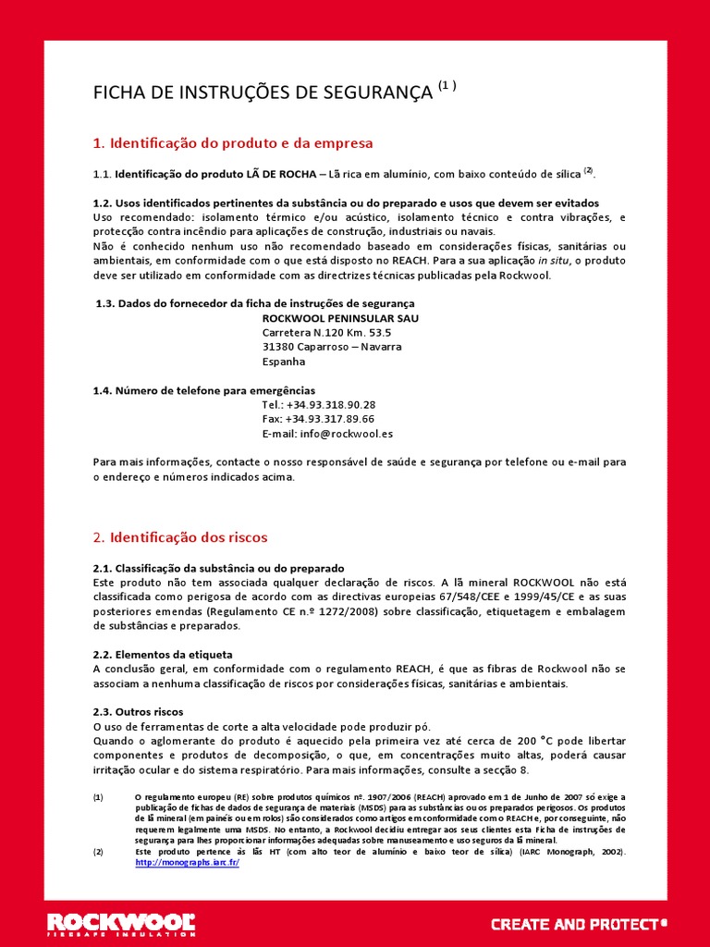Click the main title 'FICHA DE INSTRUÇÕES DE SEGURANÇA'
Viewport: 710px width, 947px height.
point(263,92)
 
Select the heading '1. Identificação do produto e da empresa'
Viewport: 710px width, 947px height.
point(233,143)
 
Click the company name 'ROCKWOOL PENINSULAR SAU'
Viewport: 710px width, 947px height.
point(340,317)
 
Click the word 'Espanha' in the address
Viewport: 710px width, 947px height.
point(284,362)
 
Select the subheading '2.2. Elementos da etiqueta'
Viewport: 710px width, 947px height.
point(163,654)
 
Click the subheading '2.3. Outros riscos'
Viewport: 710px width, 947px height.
point(139,711)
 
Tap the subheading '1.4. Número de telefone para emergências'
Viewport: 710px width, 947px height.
point(204,390)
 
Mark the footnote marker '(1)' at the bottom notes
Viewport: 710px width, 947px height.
point(99,796)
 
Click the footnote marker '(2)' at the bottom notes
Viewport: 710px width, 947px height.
point(99,851)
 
